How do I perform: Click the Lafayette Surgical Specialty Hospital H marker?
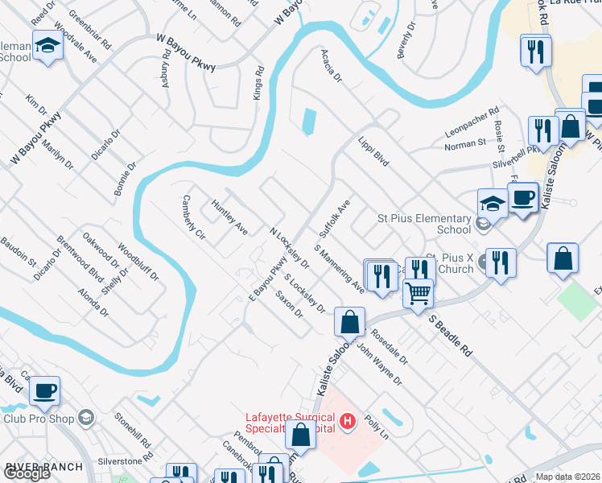tap(348, 421)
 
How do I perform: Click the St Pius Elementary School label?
tap(424, 224)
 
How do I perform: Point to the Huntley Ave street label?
tap(229, 217)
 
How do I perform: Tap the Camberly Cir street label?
tap(195, 217)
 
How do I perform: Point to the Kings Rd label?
tap(258, 83)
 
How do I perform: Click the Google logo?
tap(27, 473)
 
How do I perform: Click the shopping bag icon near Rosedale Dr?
tap(350, 321)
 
